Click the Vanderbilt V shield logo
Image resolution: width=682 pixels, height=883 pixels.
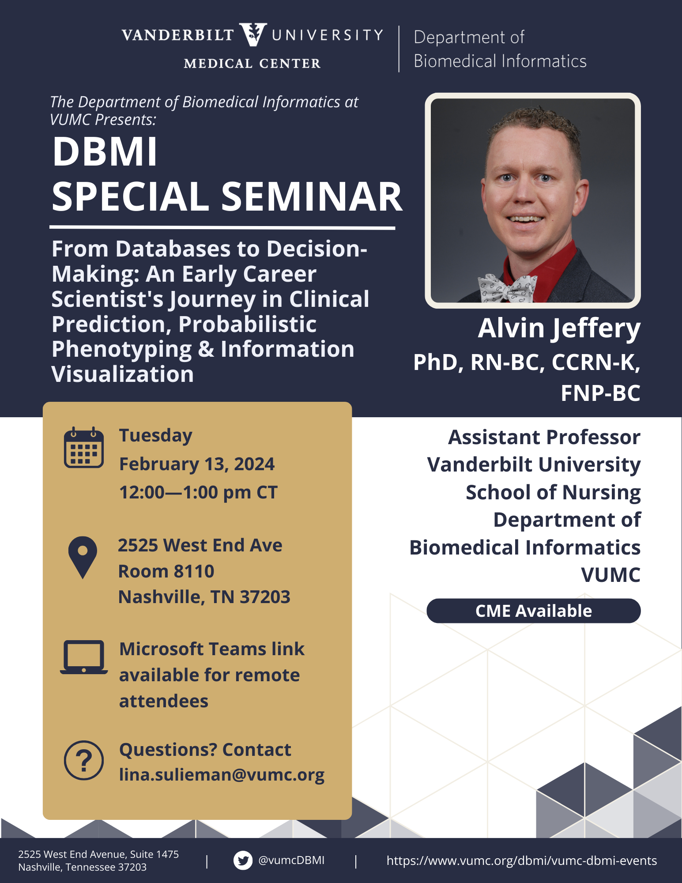pyautogui.click(x=253, y=35)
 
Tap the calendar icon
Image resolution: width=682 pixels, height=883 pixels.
pyautogui.click(x=84, y=447)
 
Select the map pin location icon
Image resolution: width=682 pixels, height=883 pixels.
pyautogui.click(x=83, y=557)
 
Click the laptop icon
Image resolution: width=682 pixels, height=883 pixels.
pyautogui.click(x=84, y=657)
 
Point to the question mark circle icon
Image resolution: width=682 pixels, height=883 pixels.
pyautogui.click(x=84, y=760)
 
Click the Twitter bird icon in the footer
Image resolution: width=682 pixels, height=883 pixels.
pyautogui.click(x=243, y=860)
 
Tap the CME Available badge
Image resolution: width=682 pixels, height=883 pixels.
pyautogui.click(x=533, y=611)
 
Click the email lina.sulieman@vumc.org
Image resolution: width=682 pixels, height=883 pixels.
pyautogui.click(x=222, y=775)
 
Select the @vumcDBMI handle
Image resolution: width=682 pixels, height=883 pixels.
pyautogui.click(x=291, y=860)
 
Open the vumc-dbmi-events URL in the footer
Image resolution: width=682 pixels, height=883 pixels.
pyautogui.click(x=522, y=860)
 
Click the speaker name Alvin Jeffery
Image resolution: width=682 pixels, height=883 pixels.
pyautogui.click(x=559, y=329)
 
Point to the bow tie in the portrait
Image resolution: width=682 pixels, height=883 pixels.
pyautogui.click(x=508, y=287)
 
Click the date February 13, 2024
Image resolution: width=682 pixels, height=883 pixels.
pyautogui.click(x=197, y=464)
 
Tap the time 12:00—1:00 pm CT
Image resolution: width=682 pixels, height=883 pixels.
pyautogui.click(x=198, y=492)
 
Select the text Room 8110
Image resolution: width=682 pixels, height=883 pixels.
pyautogui.click(x=166, y=571)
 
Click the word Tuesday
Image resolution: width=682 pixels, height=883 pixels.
pyautogui.click(x=156, y=436)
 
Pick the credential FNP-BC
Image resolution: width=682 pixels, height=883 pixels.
pyautogui.click(x=600, y=393)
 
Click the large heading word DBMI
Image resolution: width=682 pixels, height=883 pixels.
pyautogui.click(x=105, y=152)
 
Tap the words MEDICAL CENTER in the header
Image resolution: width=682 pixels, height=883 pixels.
pyautogui.click(x=252, y=64)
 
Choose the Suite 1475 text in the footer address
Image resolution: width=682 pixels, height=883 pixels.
pyautogui.click(x=157, y=854)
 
